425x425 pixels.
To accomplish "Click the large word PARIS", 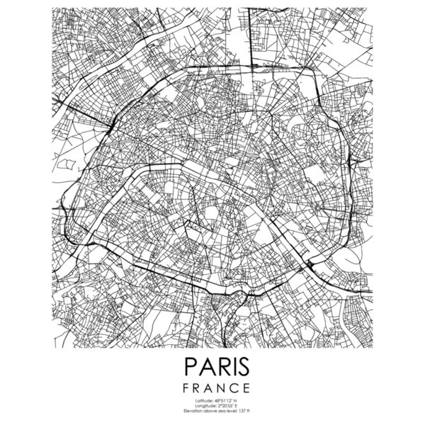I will tap(212, 367).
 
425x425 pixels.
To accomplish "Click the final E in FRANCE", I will tap(246, 388).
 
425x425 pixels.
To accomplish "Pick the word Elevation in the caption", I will tap(192, 412).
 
